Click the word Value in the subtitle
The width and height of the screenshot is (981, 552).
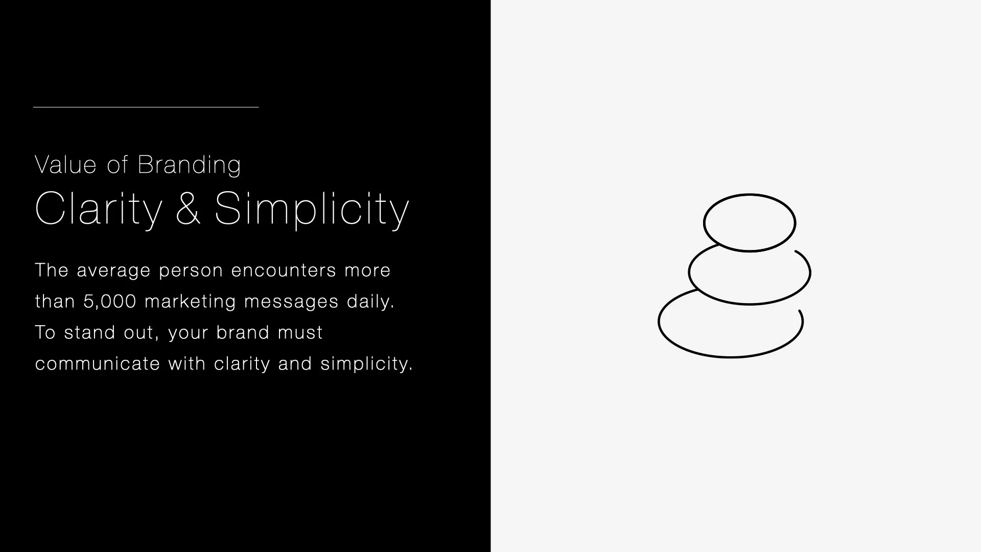[65, 165]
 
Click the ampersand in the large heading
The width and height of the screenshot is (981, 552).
[188, 208]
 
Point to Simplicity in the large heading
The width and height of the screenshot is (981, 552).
[312, 209]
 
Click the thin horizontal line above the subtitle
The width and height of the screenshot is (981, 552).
[146, 107]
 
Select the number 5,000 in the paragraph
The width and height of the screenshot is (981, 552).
[110, 302]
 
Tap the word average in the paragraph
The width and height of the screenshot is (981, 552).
[113, 270]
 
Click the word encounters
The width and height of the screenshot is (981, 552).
[284, 270]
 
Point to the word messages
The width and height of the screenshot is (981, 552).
[291, 302]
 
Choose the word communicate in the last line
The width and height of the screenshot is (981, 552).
[98, 364]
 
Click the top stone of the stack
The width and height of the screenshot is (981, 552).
[750, 223]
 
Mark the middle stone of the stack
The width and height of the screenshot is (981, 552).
[750, 276]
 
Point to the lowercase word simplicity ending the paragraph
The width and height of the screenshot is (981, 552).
[366, 364]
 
